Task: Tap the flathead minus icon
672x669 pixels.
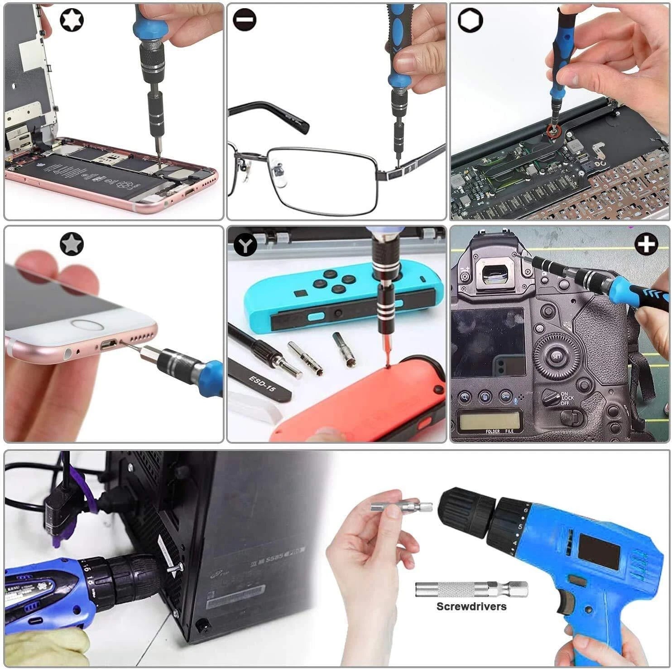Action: (245, 20)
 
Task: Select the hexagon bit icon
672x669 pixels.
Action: (470, 20)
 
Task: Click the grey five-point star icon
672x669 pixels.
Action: (72, 244)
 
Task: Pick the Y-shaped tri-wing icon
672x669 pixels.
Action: (245, 245)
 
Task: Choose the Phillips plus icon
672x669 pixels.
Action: (646, 245)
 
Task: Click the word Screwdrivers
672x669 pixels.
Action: (471, 606)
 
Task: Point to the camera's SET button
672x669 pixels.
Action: (557, 357)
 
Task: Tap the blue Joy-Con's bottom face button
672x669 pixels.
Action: (337, 289)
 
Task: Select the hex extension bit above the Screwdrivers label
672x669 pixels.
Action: (471, 589)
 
